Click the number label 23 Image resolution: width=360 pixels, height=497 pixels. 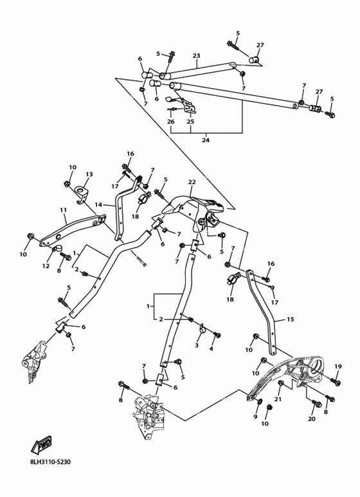tap(196, 56)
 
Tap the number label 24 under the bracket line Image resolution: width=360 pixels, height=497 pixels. tap(206, 140)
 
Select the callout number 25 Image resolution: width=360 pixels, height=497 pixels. tap(190, 122)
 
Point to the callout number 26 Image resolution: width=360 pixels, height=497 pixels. tap(170, 122)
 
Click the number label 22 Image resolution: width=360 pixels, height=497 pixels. tap(192, 182)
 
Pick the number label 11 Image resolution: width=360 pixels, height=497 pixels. tap(63, 210)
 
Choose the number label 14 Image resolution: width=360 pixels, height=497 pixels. tap(98, 204)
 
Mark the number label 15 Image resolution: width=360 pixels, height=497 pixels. tap(290, 320)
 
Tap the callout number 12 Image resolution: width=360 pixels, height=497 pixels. tap(46, 266)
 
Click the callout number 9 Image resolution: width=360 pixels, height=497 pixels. tap(255, 417)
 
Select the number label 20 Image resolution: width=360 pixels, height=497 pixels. tap(311, 419)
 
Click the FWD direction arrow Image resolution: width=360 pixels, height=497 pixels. tap(41, 446)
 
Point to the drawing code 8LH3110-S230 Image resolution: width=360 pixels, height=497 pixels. tap(50, 462)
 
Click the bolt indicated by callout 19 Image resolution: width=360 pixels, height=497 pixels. tap(335, 381)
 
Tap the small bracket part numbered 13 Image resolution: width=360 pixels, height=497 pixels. tap(82, 192)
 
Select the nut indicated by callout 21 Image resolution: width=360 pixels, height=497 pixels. tap(281, 384)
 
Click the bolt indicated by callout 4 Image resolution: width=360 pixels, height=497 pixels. tap(216, 335)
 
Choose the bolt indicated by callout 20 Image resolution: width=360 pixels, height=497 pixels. tap(316, 404)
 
